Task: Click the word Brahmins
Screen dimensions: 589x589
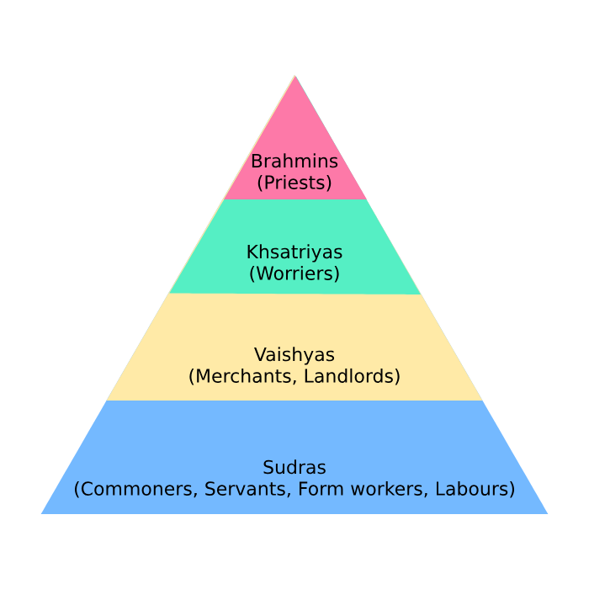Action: [294, 162]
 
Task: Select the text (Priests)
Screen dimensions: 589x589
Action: [294, 183]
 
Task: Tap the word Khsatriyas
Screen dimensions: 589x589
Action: [294, 252]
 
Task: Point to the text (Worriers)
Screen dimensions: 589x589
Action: [294, 273]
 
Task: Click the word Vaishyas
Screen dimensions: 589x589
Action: [294, 354]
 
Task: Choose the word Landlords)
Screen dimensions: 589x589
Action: [352, 376]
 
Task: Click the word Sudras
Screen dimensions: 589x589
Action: [294, 467]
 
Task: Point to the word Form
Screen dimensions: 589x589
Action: [316, 489]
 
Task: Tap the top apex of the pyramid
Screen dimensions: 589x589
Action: [295, 77]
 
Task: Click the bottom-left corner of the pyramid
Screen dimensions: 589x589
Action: [42, 512]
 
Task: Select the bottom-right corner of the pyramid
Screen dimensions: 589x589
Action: [547, 512]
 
